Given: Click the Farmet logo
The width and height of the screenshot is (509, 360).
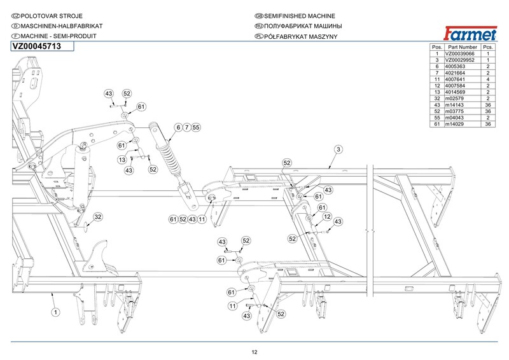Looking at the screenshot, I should click(x=470, y=32).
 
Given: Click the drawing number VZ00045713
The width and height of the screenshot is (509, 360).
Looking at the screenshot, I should click(x=36, y=46).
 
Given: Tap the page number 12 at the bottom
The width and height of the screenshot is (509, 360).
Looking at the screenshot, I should click(x=254, y=352).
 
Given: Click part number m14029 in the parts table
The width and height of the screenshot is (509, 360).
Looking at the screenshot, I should click(x=462, y=123).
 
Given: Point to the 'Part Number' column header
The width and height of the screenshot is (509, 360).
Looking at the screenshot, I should click(x=462, y=47).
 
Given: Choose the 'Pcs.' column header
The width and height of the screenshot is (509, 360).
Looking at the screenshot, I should click(x=488, y=47).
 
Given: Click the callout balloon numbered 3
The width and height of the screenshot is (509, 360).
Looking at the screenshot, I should click(x=338, y=149).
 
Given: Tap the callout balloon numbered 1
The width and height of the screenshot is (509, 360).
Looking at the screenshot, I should click(x=55, y=312).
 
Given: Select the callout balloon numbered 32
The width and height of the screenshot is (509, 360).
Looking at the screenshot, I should click(x=97, y=218).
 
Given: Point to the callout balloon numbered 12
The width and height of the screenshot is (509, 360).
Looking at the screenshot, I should click(x=327, y=217).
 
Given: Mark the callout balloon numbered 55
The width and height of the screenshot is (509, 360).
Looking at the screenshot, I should click(x=196, y=127).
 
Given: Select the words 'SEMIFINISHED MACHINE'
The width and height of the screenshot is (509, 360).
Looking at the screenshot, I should click(x=295, y=15).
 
